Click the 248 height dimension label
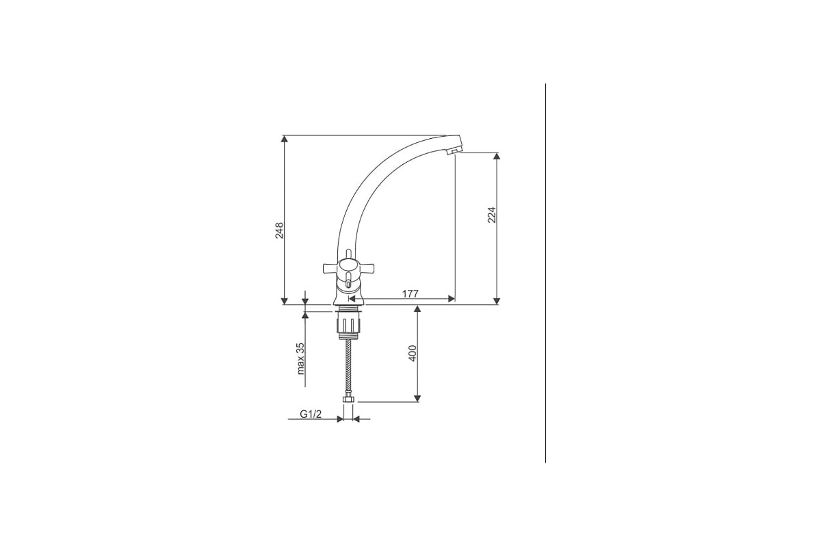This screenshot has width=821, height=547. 279,230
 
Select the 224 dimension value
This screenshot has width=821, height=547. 491,215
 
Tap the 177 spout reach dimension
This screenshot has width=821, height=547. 410,294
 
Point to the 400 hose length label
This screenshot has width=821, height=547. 413,353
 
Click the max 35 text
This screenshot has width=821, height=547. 300,359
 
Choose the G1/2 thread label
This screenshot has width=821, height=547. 311,414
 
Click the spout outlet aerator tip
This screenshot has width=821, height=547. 454,151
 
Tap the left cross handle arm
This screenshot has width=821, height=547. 330,269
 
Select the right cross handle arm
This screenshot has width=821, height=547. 366,269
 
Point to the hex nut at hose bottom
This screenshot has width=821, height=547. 348,400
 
